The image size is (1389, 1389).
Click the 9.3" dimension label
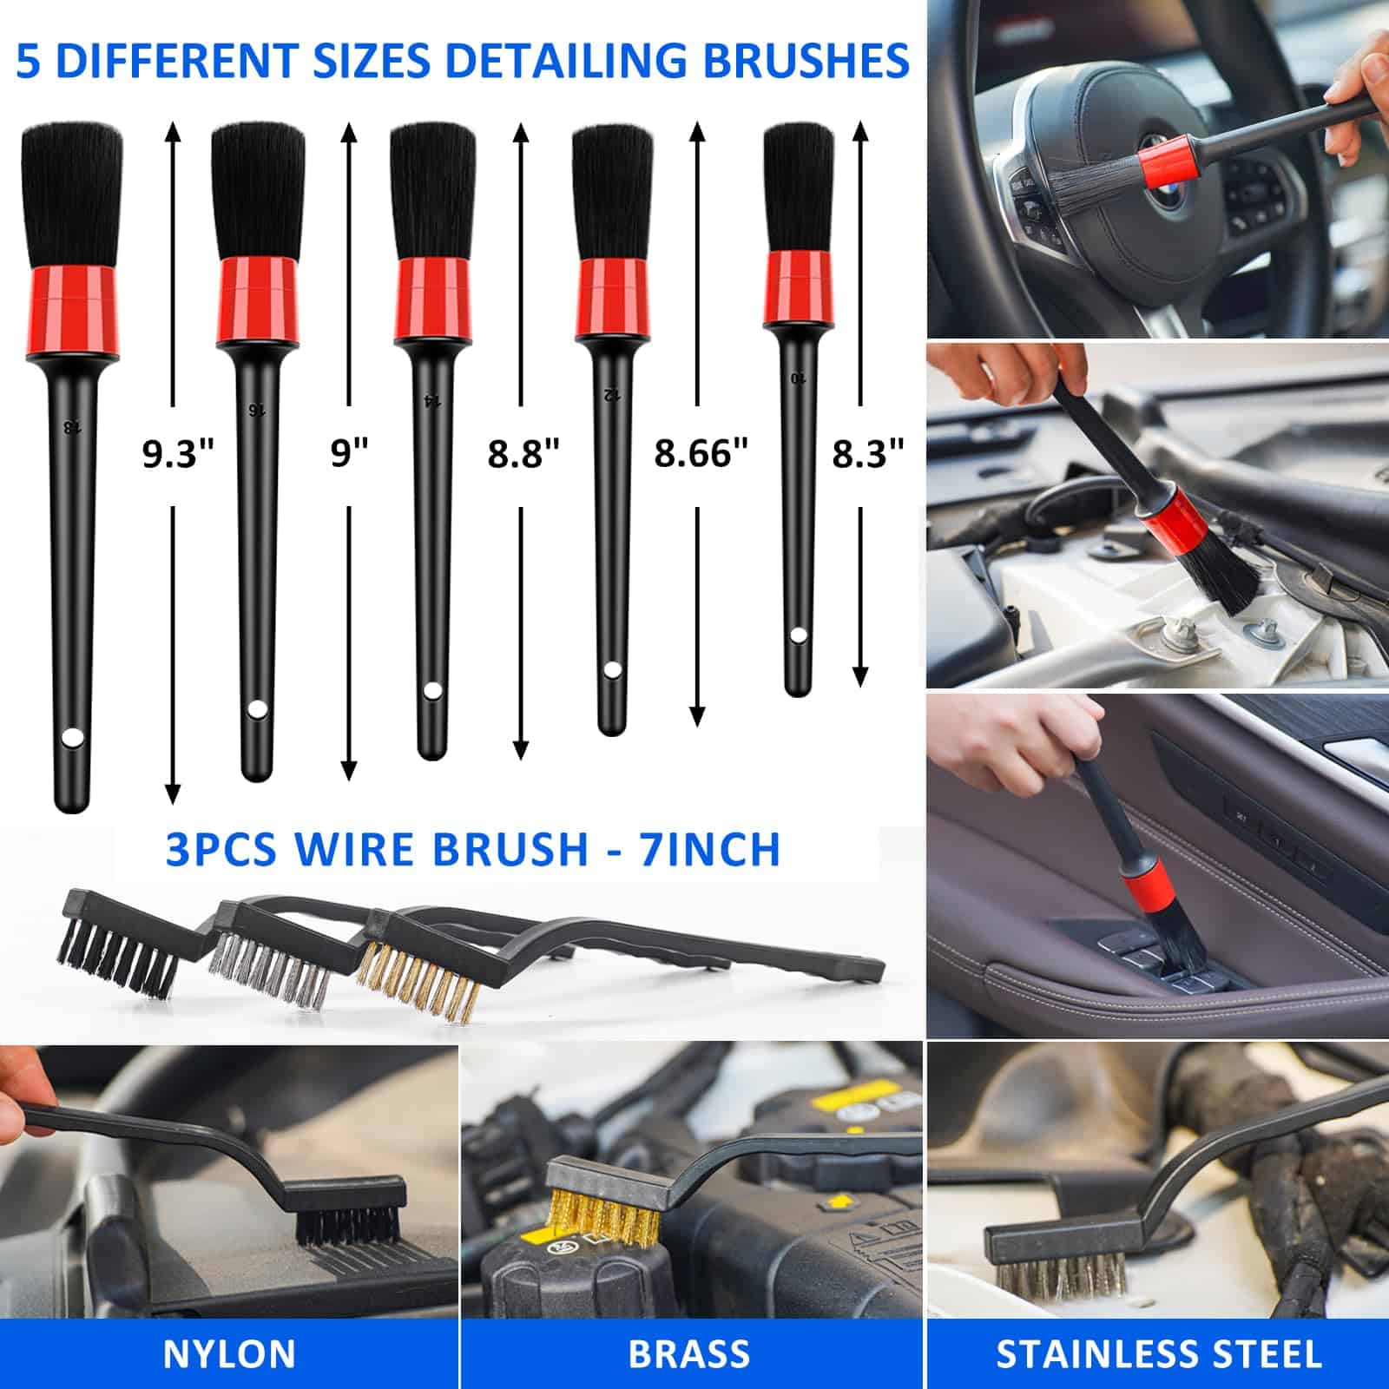tap(177, 453)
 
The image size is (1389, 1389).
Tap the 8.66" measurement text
tap(701, 453)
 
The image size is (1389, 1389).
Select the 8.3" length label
tap(868, 453)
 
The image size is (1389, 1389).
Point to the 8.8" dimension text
tap(523, 453)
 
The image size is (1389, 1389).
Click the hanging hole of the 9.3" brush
tap(72, 738)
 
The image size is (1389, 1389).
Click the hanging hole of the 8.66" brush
tap(613, 670)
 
